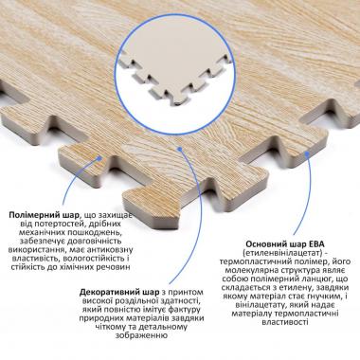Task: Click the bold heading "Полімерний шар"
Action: tap(45, 216)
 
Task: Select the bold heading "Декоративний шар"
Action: tap(119, 291)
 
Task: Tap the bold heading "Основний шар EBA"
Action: tap(285, 244)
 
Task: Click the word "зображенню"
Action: tap(141, 335)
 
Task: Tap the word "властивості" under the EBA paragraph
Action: tap(285, 322)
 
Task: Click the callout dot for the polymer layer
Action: tap(99, 156)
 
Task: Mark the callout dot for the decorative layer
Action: tap(179, 148)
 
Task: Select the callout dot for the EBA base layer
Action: tap(306, 153)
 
